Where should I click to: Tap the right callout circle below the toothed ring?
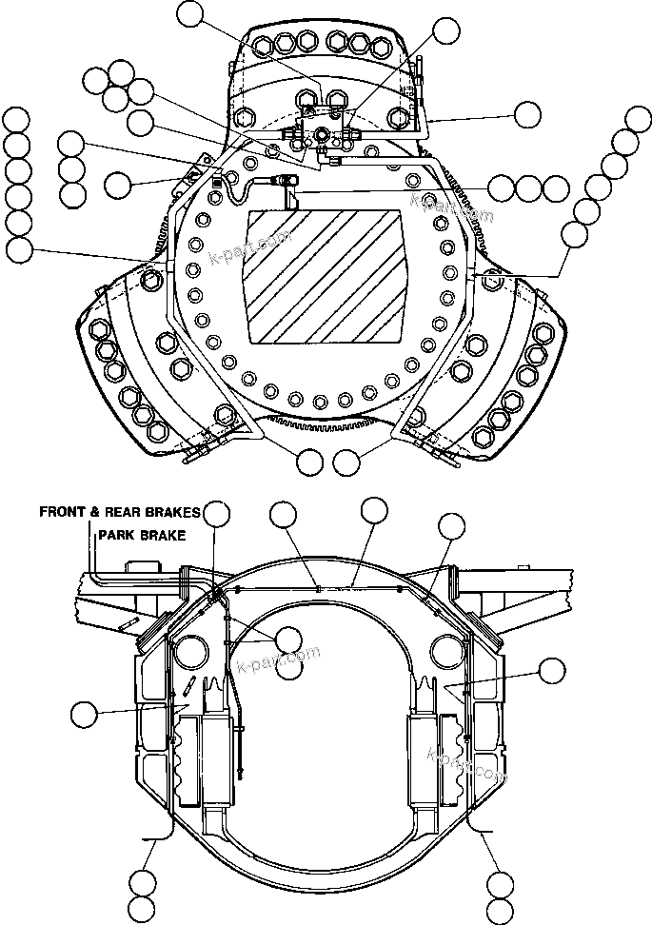pos(347,462)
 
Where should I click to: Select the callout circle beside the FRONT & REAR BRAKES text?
pos(218,512)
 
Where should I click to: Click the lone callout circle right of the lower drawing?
pos(550,670)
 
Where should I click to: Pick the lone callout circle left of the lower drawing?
pos(86,712)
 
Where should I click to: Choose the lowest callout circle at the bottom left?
pos(142,909)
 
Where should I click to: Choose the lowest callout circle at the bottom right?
pos(499,909)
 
